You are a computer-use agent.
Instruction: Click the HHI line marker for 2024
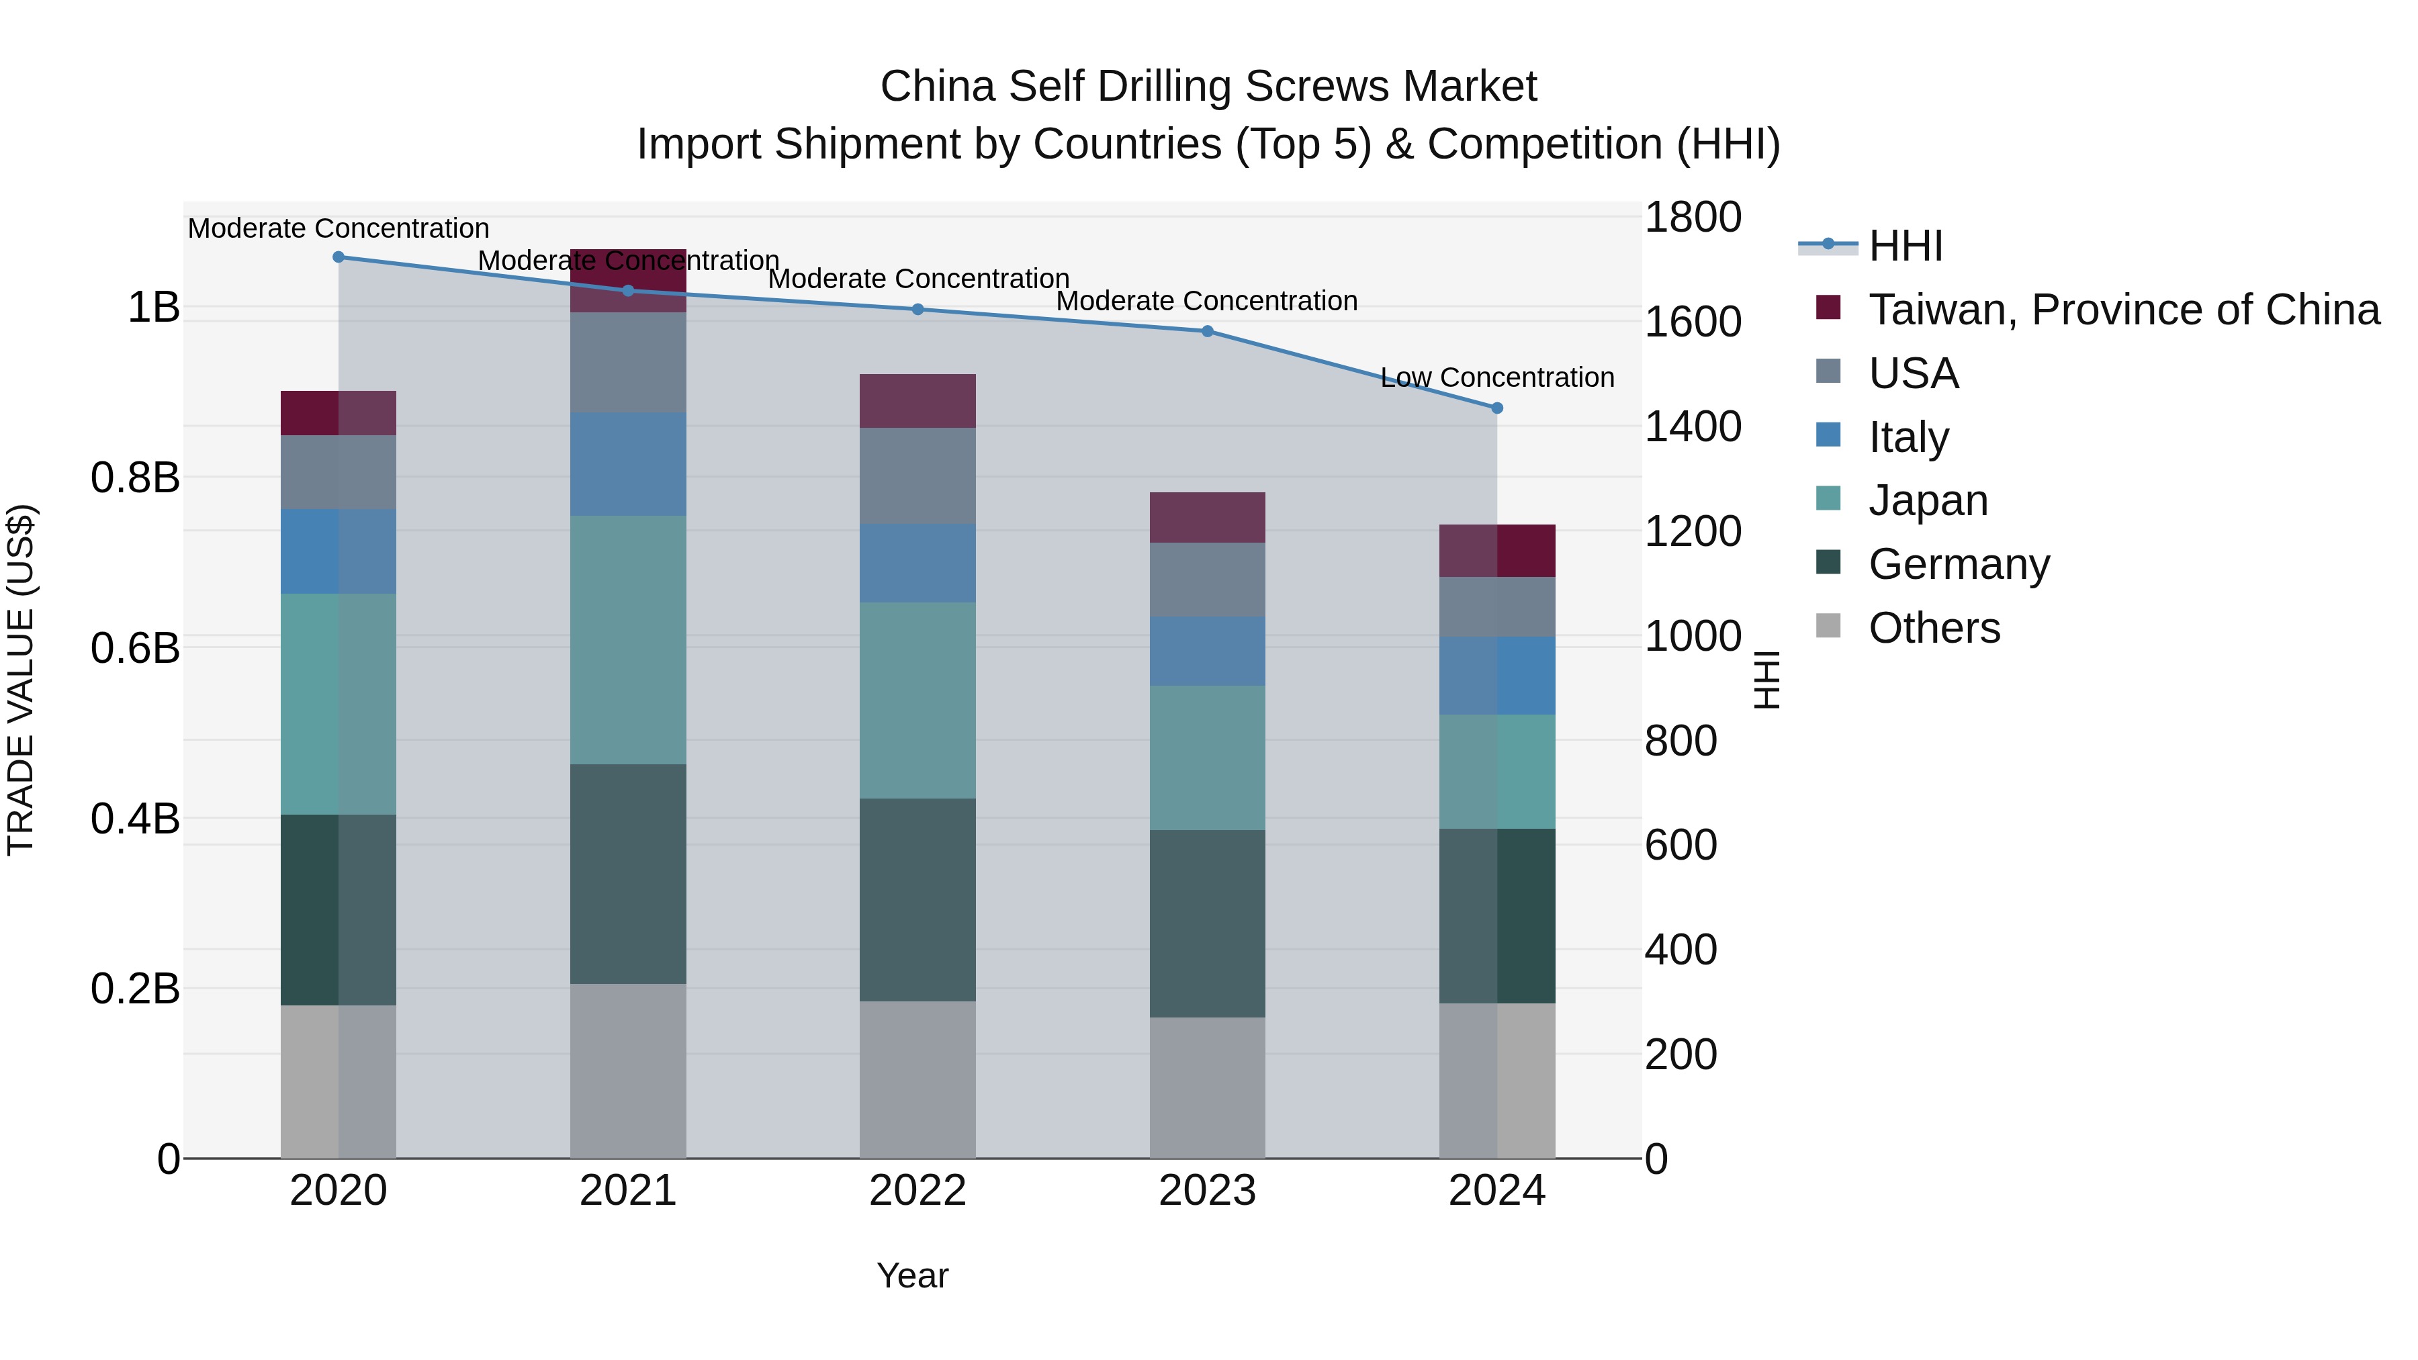click(x=1497, y=408)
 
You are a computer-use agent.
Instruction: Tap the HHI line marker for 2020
click(x=339, y=257)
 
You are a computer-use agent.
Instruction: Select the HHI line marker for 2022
click(x=918, y=310)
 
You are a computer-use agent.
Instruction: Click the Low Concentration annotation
click(x=1497, y=377)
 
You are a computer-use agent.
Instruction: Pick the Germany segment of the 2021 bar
click(x=628, y=874)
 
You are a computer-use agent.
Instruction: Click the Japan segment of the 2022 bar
click(x=918, y=700)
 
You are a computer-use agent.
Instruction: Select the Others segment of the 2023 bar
click(x=1207, y=1088)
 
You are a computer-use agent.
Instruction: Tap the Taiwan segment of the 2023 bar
click(x=1207, y=517)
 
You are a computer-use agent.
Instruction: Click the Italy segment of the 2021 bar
click(x=628, y=463)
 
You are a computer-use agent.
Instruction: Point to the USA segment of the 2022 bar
click(x=918, y=476)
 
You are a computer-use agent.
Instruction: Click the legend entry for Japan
click(x=1928, y=500)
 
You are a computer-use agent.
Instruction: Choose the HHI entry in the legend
click(x=1906, y=246)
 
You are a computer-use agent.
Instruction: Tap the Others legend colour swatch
click(x=1828, y=626)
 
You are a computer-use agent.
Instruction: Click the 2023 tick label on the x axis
click(x=1207, y=1191)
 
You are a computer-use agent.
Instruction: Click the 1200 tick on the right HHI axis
click(x=1693, y=532)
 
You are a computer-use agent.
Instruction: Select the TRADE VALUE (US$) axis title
click(x=21, y=680)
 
